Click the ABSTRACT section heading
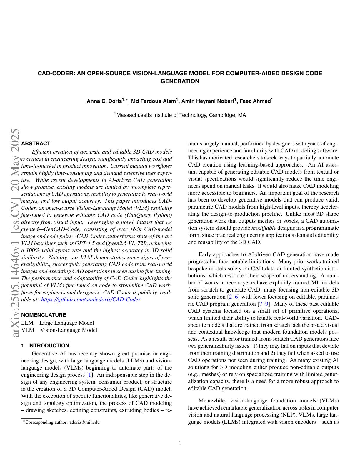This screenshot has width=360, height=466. tap(36, 144)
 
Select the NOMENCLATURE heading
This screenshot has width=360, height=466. tap(44, 315)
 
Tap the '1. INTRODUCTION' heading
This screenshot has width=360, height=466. tap(45, 346)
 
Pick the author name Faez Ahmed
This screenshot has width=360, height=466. tap(255, 101)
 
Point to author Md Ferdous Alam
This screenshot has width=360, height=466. tap(153, 101)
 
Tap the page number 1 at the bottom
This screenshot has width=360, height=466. tap(180, 443)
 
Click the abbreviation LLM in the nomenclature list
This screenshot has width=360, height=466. tap(27, 323)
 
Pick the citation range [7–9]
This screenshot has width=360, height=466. tap(263, 304)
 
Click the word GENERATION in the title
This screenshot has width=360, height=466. tap(180, 81)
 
